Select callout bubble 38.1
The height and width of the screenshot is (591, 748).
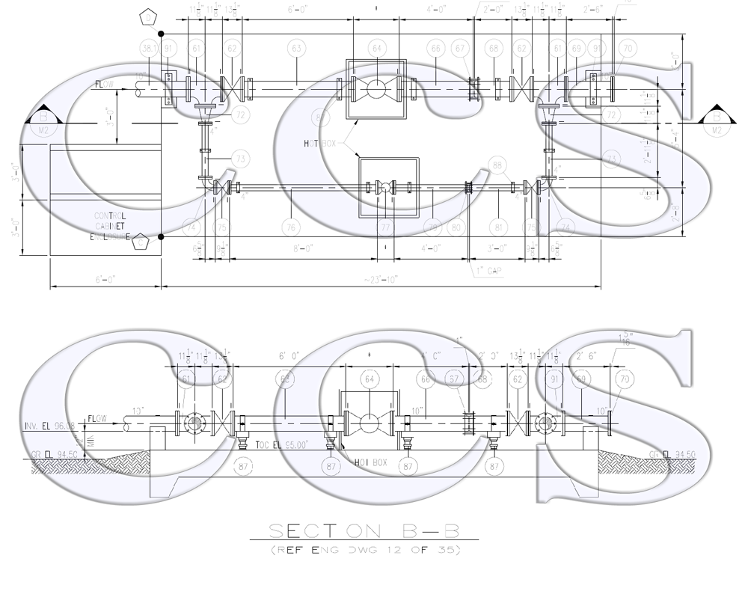coord(150,49)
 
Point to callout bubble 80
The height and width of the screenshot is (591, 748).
coord(456,226)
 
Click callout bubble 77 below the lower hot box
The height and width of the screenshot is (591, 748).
coord(385,226)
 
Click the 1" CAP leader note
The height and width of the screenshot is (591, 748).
coord(490,272)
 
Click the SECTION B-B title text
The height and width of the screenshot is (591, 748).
coord(363,532)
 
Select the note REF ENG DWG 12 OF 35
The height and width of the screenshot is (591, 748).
coord(363,551)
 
